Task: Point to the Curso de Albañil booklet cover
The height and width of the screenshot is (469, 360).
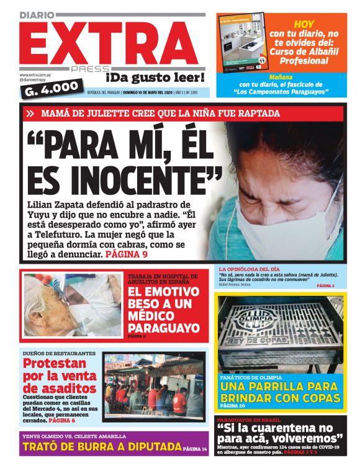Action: (241, 43)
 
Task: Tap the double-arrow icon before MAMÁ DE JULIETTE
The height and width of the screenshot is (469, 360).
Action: (30, 114)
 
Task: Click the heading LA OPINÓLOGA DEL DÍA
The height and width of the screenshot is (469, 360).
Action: (249, 269)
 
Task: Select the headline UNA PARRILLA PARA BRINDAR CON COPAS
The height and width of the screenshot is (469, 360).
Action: (280, 391)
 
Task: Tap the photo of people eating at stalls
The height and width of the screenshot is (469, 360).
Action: (154, 385)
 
